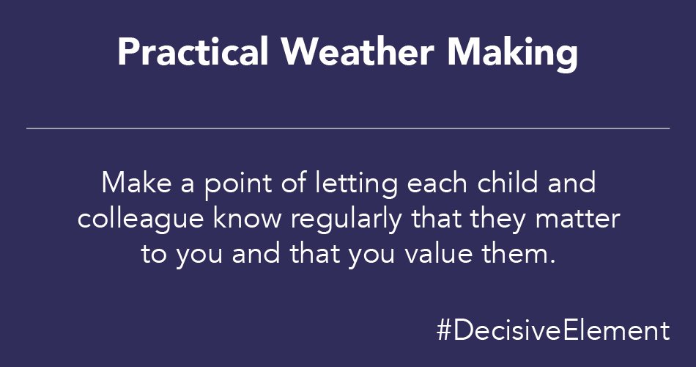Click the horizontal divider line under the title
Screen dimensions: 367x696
pyautogui.click(x=348, y=128)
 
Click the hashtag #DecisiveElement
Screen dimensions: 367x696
pyautogui.click(x=552, y=330)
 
